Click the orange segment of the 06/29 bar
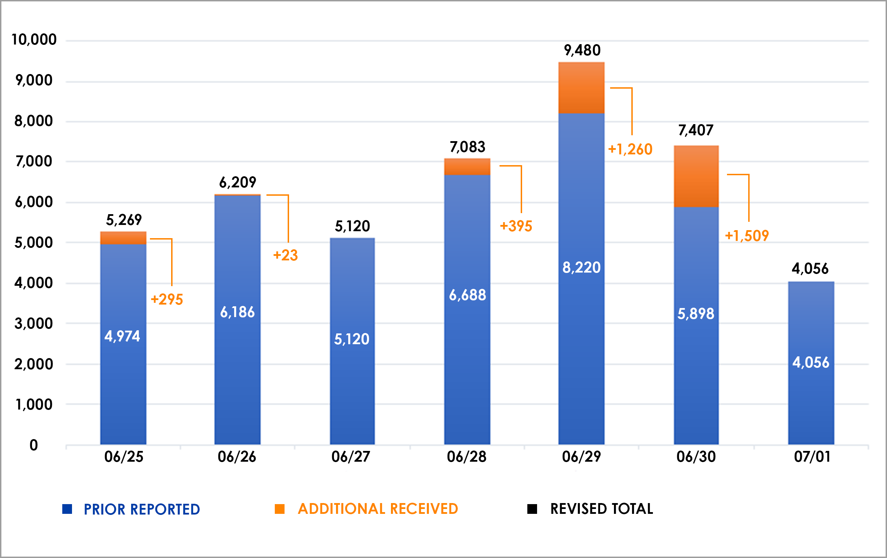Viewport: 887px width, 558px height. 581,88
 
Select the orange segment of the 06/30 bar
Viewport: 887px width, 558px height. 696,176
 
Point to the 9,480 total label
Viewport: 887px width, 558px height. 582,50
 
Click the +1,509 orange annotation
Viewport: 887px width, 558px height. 747,236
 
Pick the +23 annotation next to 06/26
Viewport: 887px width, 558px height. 286,255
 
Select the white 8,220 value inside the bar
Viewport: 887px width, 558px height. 581,267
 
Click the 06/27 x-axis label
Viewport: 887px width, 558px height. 351,457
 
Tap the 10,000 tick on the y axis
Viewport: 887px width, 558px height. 34,39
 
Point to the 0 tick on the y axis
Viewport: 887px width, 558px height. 33,445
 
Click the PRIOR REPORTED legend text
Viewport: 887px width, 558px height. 142,509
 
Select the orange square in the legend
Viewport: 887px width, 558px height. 280,509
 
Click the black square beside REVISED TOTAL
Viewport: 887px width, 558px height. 532,509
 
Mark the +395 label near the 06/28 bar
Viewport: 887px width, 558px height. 516,226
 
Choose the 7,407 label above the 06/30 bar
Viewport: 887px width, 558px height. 696,130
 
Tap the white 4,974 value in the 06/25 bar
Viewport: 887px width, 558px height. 122,336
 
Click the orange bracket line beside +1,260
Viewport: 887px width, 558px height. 632,111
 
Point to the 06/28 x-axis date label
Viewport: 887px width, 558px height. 466,457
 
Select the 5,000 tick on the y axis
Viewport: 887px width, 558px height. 33,243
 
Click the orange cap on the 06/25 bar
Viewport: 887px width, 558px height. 123,238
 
